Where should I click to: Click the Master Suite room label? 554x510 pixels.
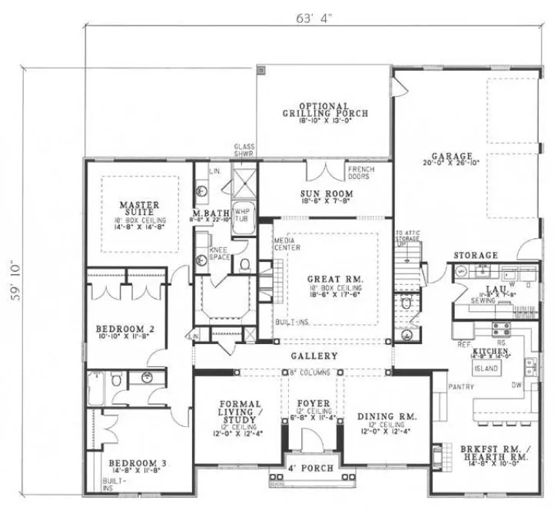tap(139, 205)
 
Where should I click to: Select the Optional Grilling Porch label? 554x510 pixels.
tap(323, 109)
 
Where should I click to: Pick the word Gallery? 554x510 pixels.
tap(314, 356)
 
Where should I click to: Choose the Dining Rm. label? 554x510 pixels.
tap(386, 416)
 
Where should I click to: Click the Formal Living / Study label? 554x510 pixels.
tap(241, 409)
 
